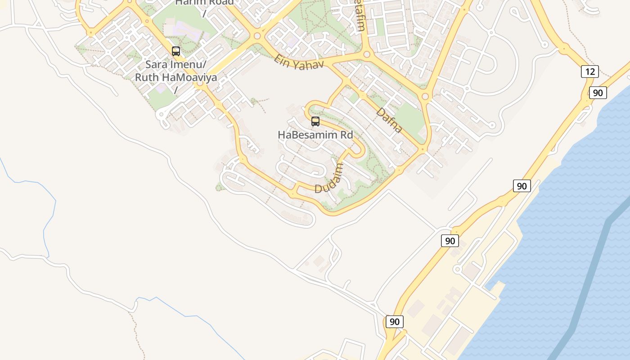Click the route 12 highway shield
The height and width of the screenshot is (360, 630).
click(589, 71)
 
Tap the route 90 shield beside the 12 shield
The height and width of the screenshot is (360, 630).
click(598, 93)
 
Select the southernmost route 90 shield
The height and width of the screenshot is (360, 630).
click(394, 321)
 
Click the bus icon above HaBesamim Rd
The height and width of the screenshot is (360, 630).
click(315, 121)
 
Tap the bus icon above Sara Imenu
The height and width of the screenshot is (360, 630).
click(176, 51)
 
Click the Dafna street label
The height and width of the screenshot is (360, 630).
click(389, 120)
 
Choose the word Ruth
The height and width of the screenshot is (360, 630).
click(147, 77)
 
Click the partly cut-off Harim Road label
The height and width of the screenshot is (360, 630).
click(205, 3)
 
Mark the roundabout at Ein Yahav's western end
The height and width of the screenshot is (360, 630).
click(257, 36)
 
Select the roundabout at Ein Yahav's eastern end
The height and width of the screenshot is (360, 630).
click(367, 54)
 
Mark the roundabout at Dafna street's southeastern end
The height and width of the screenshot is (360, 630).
click(422, 149)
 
